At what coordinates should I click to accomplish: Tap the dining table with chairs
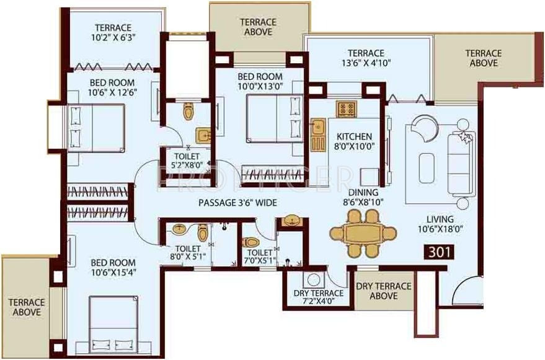click(x=363, y=234)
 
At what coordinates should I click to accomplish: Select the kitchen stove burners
click(x=345, y=109)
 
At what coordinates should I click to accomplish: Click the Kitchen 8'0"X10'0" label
click(x=354, y=142)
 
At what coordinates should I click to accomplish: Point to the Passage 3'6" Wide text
click(x=237, y=203)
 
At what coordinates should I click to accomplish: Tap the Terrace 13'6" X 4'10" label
click(x=366, y=58)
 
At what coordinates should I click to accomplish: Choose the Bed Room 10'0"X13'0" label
click(x=260, y=81)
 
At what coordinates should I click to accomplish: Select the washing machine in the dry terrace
click(x=313, y=279)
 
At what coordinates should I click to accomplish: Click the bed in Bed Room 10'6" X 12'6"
click(x=96, y=127)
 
